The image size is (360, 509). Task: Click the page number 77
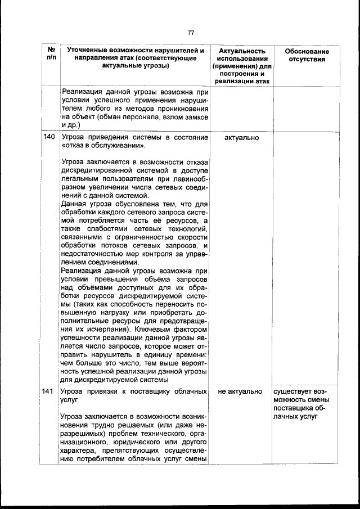[x=191, y=32]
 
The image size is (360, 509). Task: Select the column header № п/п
[x=52, y=55]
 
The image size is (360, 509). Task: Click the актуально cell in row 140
[x=241, y=137]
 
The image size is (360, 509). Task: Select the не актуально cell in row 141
[x=241, y=391]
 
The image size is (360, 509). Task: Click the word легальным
[x=81, y=179]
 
